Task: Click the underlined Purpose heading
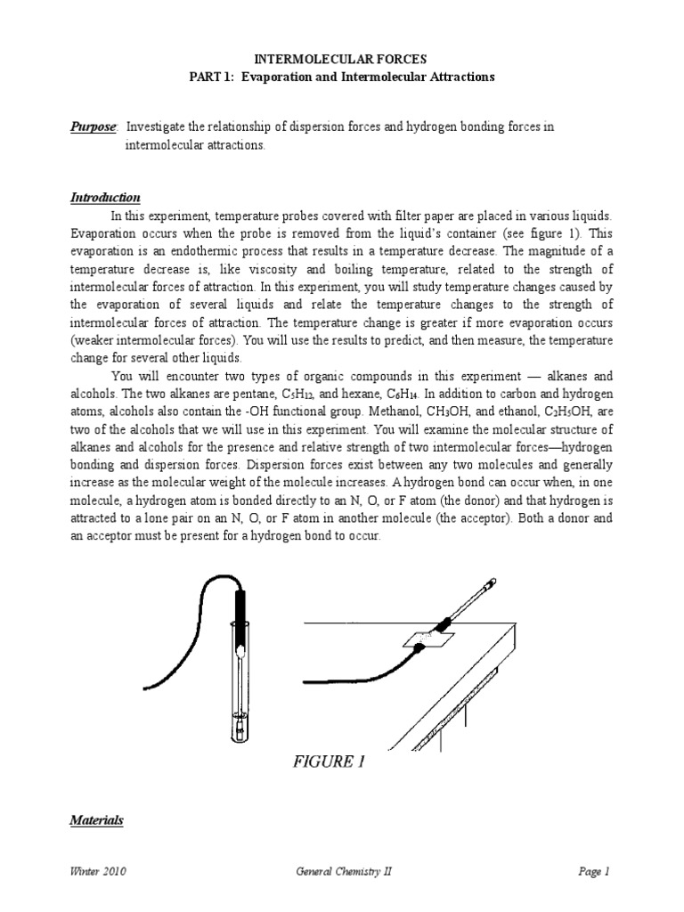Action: [94, 127]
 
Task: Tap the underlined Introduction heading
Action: [105, 197]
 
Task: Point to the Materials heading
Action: [97, 820]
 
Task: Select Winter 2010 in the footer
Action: [98, 872]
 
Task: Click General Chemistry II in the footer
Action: [343, 872]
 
